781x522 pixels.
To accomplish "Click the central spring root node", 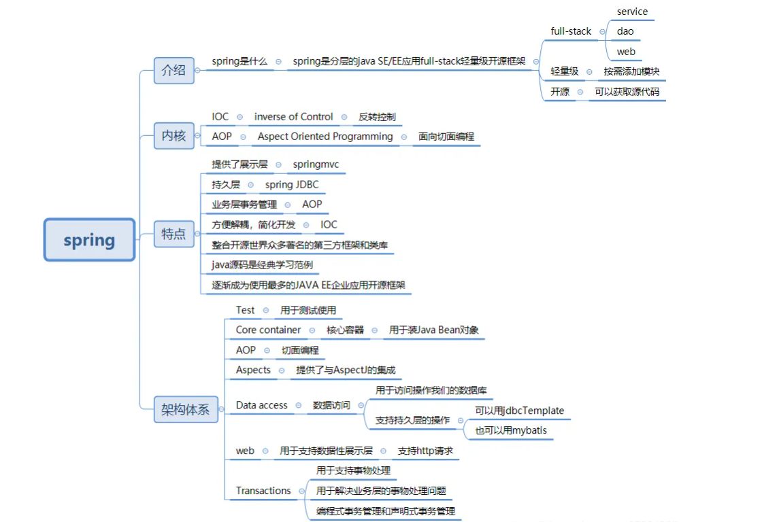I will pyautogui.click(x=89, y=240).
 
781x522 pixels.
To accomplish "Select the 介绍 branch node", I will pyautogui.click(x=173, y=70).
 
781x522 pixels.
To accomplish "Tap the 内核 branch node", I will pyautogui.click(x=173, y=136).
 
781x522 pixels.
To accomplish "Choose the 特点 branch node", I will pyautogui.click(x=173, y=234).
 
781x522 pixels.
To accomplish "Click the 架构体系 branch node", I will pyautogui.click(x=185, y=410).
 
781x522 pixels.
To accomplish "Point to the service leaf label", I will pyautogui.click(x=632, y=12).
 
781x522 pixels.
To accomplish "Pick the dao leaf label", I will pyautogui.click(x=625, y=31).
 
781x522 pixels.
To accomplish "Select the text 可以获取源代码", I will pyautogui.click(x=627, y=92).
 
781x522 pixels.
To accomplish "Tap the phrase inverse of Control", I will pyautogui.click(x=293, y=117).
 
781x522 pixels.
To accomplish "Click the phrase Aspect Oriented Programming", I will pyautogui.click(x=325, y=137).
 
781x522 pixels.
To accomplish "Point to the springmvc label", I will pyautogui.click(x=316, y=164).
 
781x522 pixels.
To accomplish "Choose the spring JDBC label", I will pyautogui.click(x=291, y=184).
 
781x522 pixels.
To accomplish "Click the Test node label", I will pyautogui.click(x=245, y=310).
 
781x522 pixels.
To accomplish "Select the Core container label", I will pyautogui.click(x=268, y=330).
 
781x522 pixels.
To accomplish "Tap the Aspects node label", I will pyautogui.click(x=253, y=370).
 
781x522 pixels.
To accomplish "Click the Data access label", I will pyautogui.click(x=261, y=405).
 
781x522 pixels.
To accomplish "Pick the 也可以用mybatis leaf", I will pyautogui.click(x=510, y=430).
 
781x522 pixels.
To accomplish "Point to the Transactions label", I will pyautogui.click(x=263, y=491).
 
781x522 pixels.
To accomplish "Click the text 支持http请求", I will pyautogui.click(x=425, y=451).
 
